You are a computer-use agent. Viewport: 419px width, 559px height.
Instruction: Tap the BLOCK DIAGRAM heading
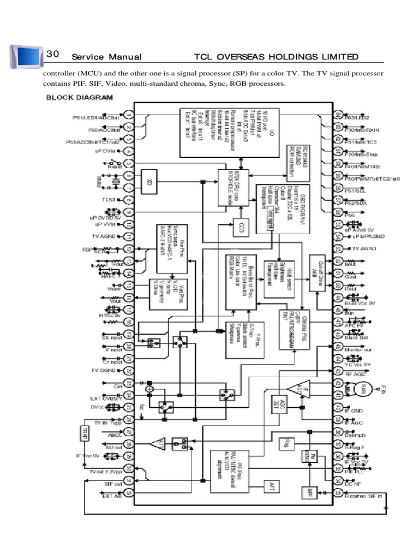point(79,98)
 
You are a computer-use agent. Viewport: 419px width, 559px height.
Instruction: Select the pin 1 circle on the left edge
point(128,116)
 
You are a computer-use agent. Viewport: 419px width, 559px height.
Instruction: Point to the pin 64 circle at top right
point(338,116)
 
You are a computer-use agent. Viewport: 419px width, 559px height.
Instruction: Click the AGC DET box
point(276,403)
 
